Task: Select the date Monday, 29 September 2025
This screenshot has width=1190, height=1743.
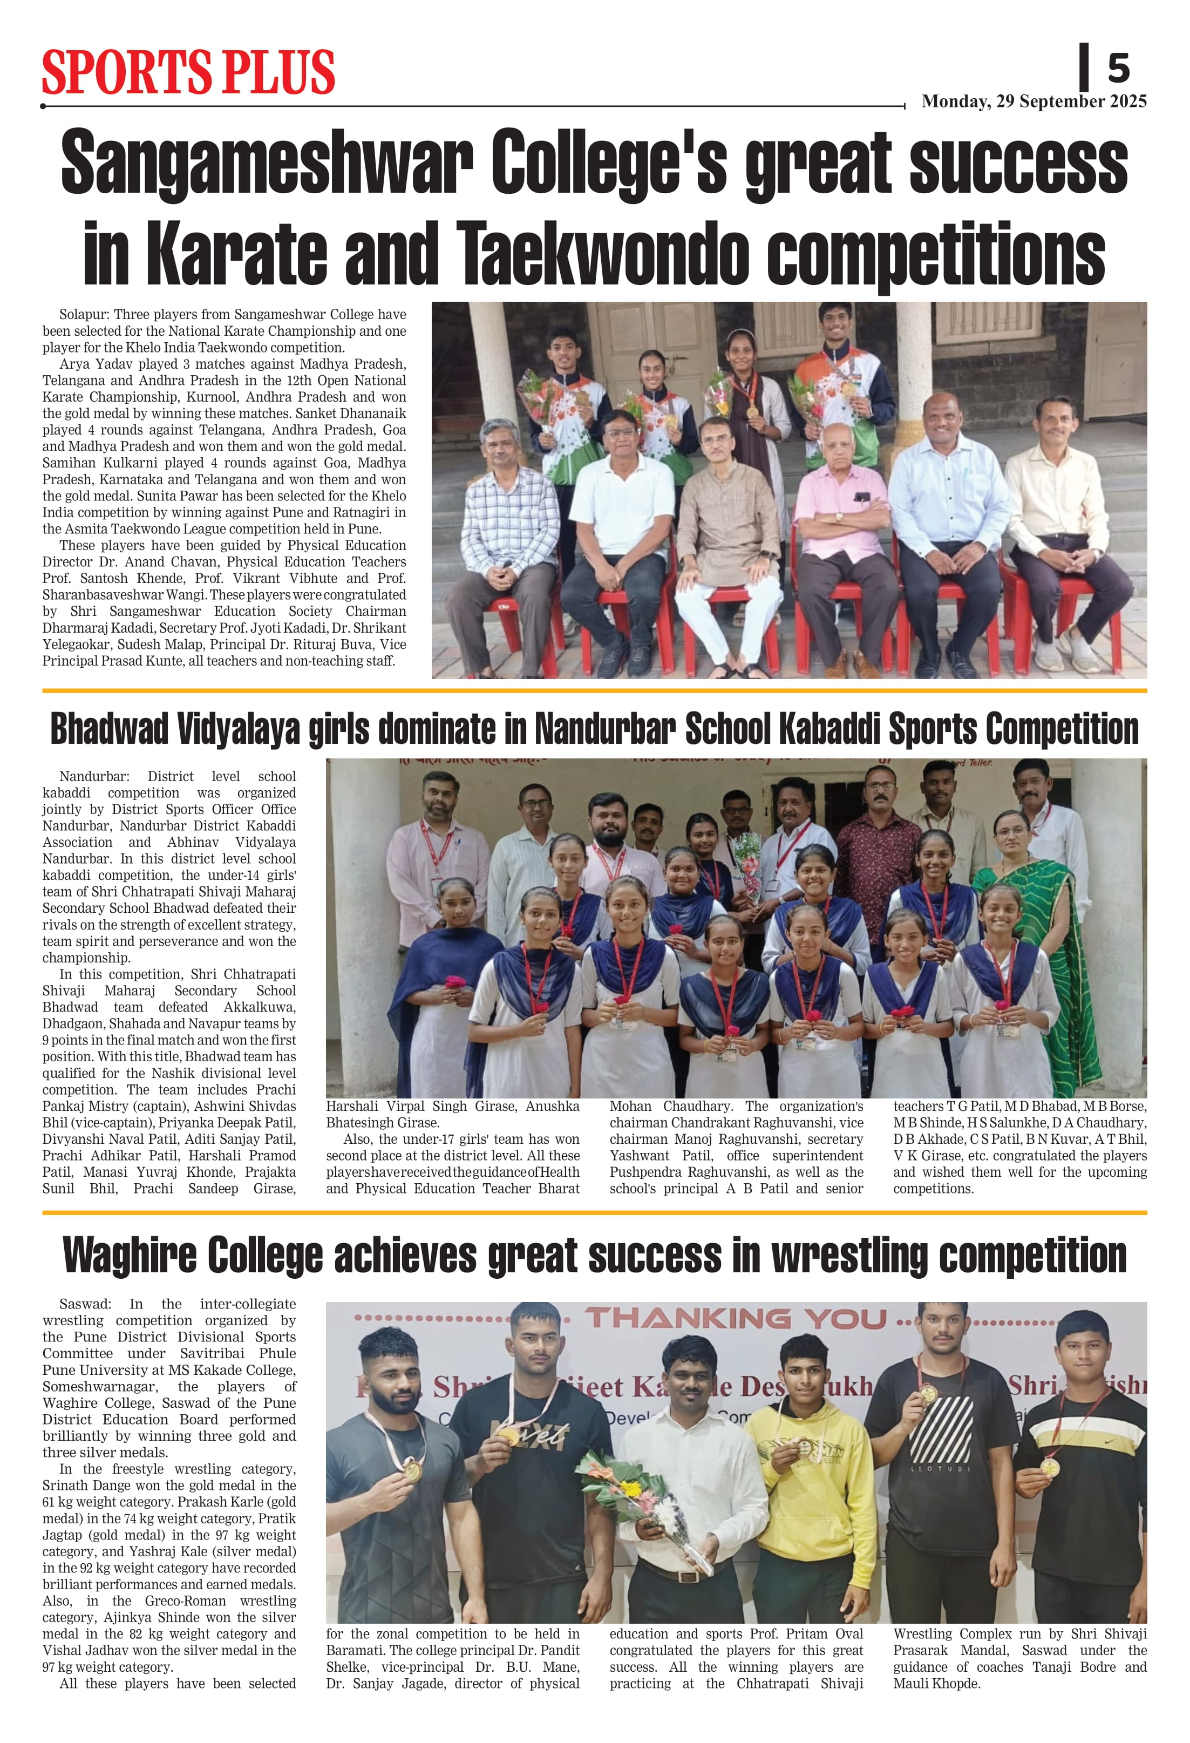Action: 1033,101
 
